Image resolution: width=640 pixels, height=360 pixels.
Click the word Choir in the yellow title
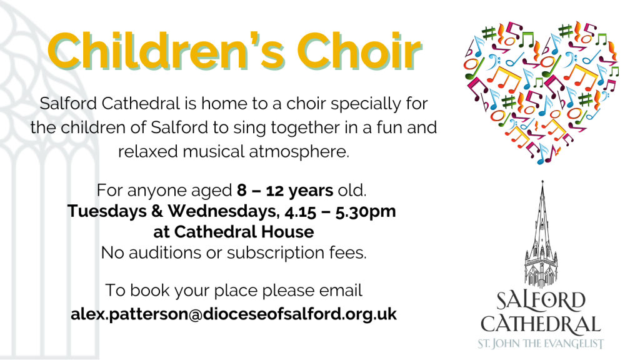[x=359, y=51]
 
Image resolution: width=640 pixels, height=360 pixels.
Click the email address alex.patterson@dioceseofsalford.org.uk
[x=234, y=314]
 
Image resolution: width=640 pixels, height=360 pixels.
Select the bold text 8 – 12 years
[x=285, y=190]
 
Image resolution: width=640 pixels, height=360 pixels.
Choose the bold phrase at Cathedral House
[x=234, y=232]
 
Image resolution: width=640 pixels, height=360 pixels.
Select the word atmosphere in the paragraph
[x=299, y=151]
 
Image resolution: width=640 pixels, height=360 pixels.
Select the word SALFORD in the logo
[x=541, y=301]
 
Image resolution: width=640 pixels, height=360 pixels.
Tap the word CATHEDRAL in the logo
[x=541, y=325]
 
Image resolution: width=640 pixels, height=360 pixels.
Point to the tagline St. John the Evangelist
[x=541, y=344]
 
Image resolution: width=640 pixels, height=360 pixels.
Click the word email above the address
[x=341, y=290]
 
